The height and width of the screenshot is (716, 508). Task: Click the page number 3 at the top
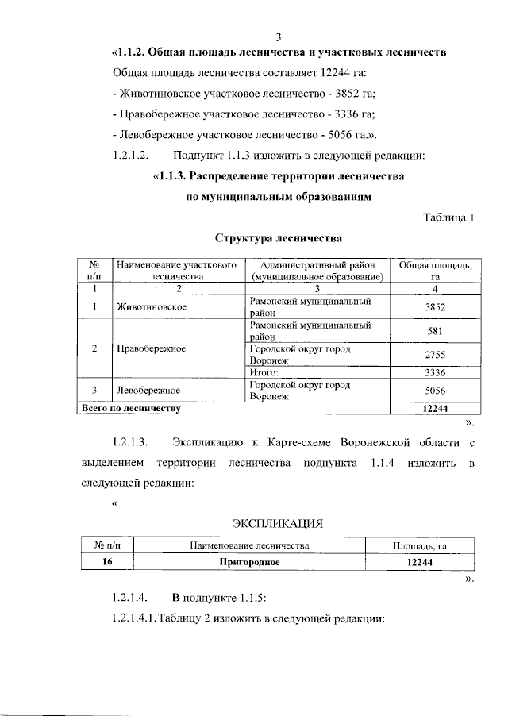tap(278, 37)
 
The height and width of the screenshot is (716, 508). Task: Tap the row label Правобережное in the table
tap(151, 348)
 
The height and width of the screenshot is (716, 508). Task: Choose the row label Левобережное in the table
tap(148, 390)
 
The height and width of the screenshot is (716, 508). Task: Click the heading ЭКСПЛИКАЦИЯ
tap(278, 523)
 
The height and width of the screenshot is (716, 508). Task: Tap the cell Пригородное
tap(251, 562)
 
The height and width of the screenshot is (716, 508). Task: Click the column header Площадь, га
tap(421, 545)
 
